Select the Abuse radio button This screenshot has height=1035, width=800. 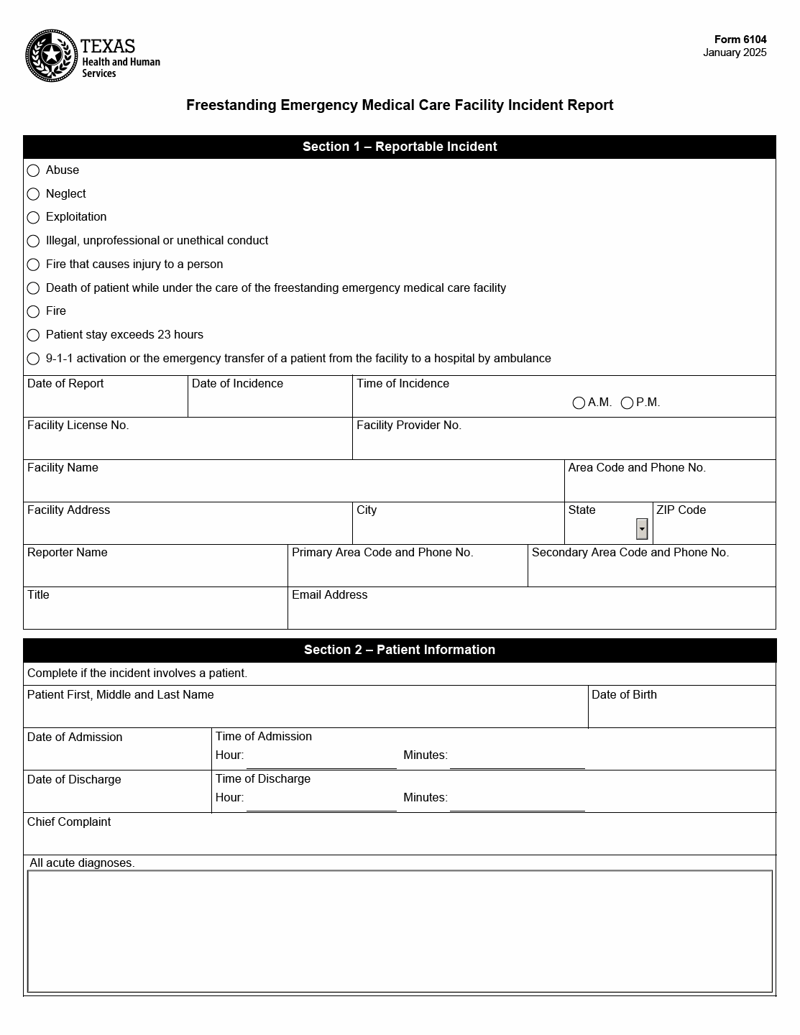point(33,170)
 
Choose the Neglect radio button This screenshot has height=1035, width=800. point(33,194)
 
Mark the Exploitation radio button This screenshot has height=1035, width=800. point(33,217)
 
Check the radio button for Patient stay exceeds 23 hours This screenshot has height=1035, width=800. point(33,335)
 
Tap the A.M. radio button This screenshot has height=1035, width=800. point(579,403)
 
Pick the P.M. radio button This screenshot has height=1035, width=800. point(627,403)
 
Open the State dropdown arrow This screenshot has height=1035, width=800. point(642,529)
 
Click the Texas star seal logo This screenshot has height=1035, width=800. point(51,56)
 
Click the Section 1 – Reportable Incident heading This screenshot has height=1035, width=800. point(400,147)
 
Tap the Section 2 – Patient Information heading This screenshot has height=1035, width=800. point(400,650)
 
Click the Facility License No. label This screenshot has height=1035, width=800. point(78,425)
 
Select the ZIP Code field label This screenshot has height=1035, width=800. point(681,510)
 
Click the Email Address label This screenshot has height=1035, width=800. point(329,595)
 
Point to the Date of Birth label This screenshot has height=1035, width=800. point(624,695)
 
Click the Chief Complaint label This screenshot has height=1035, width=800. point(69,822)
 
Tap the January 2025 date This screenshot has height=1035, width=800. point(735,52)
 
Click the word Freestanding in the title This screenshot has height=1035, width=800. point(231,105)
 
